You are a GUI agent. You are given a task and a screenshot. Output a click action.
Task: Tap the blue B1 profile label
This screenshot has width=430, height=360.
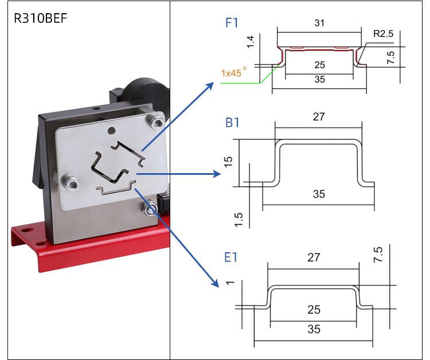232,123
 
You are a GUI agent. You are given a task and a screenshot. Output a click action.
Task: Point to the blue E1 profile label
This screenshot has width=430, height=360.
231,257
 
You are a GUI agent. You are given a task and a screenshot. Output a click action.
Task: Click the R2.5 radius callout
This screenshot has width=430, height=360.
383,34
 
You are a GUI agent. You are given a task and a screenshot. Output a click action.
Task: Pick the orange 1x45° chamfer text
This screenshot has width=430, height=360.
234,73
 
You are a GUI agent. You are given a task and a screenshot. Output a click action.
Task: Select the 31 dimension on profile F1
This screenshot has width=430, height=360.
319,23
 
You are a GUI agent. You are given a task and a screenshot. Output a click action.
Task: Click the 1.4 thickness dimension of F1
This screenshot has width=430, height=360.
250,41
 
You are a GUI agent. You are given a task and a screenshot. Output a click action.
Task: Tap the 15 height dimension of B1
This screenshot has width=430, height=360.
229,162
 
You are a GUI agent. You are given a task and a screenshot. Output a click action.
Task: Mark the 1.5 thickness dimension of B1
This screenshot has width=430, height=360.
239,218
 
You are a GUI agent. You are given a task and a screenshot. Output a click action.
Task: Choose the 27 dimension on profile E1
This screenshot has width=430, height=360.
313,257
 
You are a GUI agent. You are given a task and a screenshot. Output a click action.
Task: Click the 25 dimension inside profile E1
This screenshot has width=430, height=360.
313,310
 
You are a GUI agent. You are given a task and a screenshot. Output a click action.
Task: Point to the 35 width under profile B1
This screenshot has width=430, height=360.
319,194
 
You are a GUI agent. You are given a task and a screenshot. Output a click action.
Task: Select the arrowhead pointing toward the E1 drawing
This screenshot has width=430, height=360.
216,283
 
